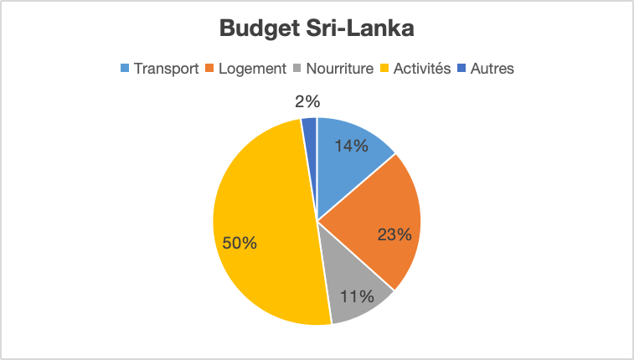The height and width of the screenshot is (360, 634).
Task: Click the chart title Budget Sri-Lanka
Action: click(x=317, y=29)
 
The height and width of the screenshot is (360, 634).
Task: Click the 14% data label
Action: click(x=351, y=146)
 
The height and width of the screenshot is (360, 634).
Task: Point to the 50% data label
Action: click(x=240, y=243)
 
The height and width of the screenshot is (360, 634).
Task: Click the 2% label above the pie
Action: click(x=307, y=102)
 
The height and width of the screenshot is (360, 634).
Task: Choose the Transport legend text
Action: click(x=166, y=69)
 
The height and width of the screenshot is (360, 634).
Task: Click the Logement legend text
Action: click(x=251, y=69)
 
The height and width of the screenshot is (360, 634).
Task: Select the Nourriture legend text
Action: click(x=339, y=69)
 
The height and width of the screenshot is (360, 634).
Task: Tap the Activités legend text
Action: click(x=423, y=69)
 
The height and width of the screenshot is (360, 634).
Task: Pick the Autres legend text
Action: click(x=492, y=69)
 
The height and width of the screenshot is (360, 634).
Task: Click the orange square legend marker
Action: click(x=211, y=69)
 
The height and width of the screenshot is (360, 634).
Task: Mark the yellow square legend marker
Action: click(x=386, y=69)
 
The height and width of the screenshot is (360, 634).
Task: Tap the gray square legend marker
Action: click(x=299, y=69)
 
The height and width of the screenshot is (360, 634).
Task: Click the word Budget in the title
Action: click(x=255, y=29)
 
